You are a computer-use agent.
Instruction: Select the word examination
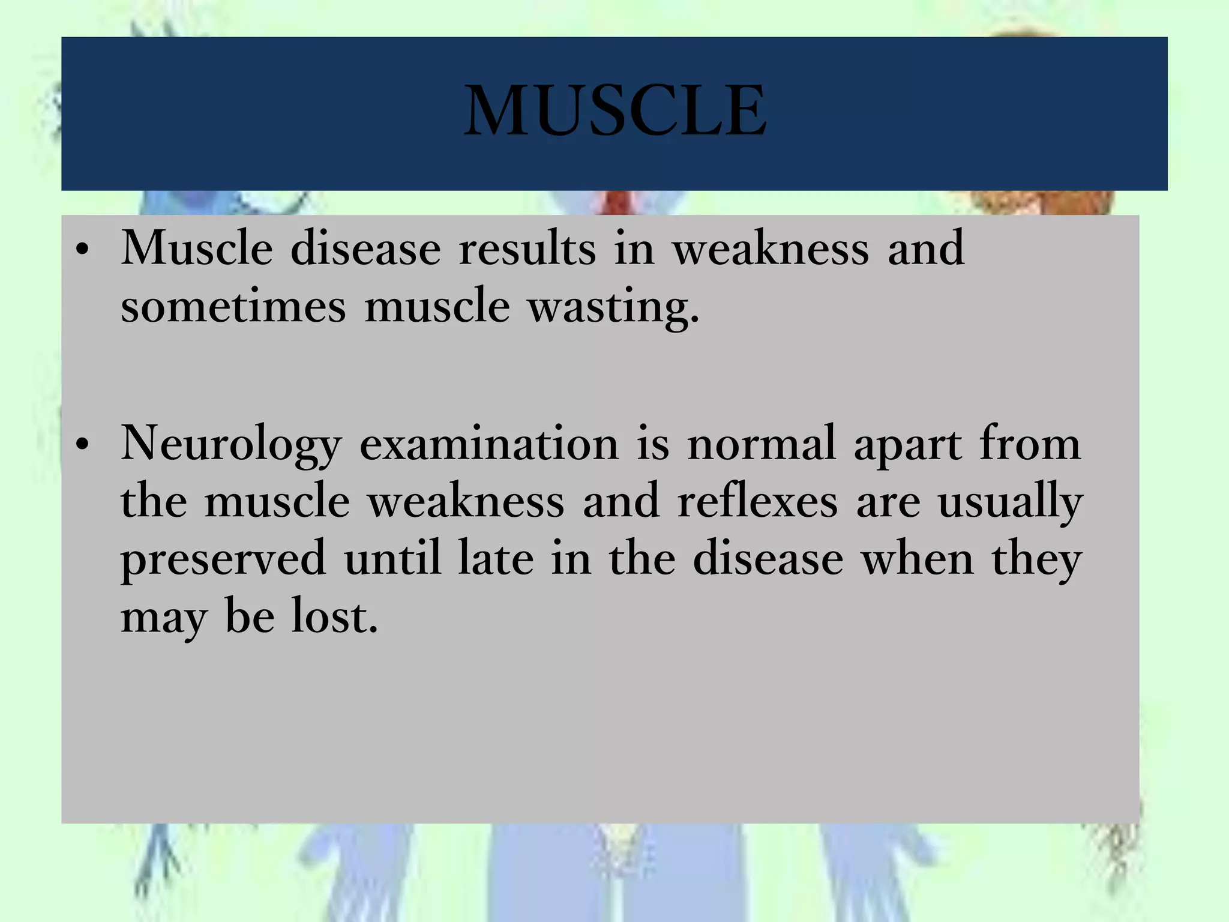coord(489,444)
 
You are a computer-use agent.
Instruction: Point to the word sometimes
coord(233,306)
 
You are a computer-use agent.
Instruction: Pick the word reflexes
coord(757,502)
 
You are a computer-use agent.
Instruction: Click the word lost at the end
coord(334,617)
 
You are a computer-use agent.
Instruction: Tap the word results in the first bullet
coord(527,249)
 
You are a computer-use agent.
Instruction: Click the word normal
coord(762,444)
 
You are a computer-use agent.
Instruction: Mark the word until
coord(392,558)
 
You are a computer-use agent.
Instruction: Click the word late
coord(496,558)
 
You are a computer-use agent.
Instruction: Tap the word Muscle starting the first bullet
coord(197,249)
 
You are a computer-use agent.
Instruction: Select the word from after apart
coord(1030,444)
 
